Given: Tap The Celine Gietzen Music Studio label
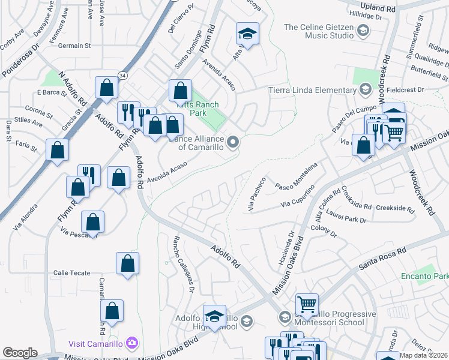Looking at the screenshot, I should (x=318, y=31).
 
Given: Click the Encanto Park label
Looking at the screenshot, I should (x=425, y=277).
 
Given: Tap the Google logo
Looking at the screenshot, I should (x=19, y=353).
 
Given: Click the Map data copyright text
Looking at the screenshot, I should (x=423, y=355).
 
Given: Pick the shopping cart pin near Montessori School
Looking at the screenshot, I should (x=307, y=304).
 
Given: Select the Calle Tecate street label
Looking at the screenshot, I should (x=71, y=272).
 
